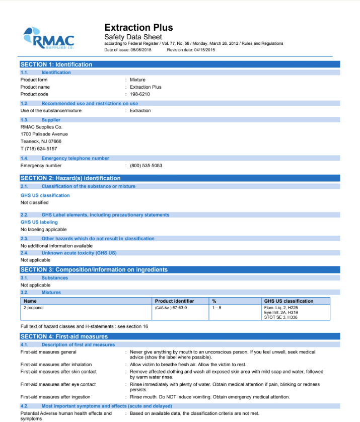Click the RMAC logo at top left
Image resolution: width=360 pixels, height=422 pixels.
coord(49,38)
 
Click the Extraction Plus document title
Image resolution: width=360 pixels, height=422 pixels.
coord(138,28)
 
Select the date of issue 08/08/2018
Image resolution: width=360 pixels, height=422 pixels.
coord(142,50)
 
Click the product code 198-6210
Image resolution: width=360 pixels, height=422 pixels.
coord(140,94)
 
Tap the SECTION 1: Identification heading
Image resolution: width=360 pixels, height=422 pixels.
coord(56,64)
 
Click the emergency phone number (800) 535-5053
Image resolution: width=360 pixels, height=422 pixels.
coord(146,166)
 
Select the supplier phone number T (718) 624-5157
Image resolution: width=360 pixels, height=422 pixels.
coord(39,149)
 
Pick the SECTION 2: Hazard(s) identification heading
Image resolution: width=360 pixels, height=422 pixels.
coord(70,178)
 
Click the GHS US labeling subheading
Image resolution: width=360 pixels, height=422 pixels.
coord(39,222)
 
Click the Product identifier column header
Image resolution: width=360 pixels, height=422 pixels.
coord(174,301)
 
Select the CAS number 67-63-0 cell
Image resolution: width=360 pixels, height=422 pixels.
coord(171,307)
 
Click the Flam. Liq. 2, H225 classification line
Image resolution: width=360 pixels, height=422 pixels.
coord(281,307)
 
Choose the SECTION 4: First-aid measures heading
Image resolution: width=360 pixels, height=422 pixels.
coord(64,336)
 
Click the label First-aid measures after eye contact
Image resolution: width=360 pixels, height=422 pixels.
coord(58,384)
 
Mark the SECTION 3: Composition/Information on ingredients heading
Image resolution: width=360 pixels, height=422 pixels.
coord(94,270)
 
